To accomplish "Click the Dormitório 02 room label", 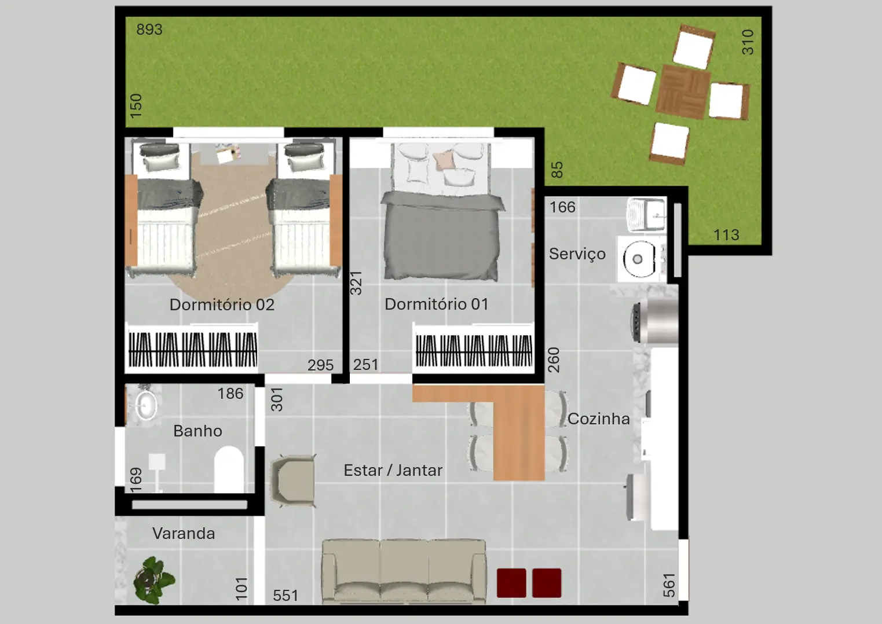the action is (x=222, y=305).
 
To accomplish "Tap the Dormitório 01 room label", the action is (x=436, y=304).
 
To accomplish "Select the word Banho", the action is (x=197, y=431).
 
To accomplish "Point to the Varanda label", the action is (x=184, y=534).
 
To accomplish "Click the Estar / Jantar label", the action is (x=393, y=471).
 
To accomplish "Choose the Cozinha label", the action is (x=598, y=419).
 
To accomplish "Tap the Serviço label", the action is (x=577, y=254).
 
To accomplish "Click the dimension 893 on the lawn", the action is (x=149, y=30).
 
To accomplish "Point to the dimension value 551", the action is (x=286, y=596).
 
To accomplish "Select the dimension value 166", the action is (x=562, y=207).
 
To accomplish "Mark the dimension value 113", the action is (x=726, y=235).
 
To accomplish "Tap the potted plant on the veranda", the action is (x=153, y=580).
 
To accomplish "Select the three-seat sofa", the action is (x=404, y=571).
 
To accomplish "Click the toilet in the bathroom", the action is (x=229, y=469).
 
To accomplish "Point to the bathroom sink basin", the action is (x=146, y=405).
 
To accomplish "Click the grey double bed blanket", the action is (x=442, y=235).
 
